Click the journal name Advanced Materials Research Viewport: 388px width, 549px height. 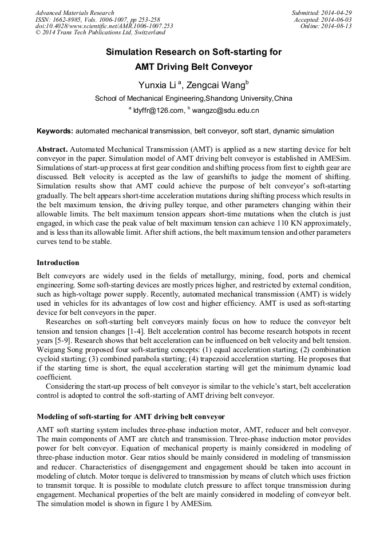(74, 13)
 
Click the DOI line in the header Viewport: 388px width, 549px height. (104, 26)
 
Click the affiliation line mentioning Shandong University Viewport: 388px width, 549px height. (193, 98)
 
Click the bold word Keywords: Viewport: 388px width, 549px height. (55, 131)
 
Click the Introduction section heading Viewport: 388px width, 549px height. (58, 263)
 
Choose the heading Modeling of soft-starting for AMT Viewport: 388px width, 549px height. (130, 416)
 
